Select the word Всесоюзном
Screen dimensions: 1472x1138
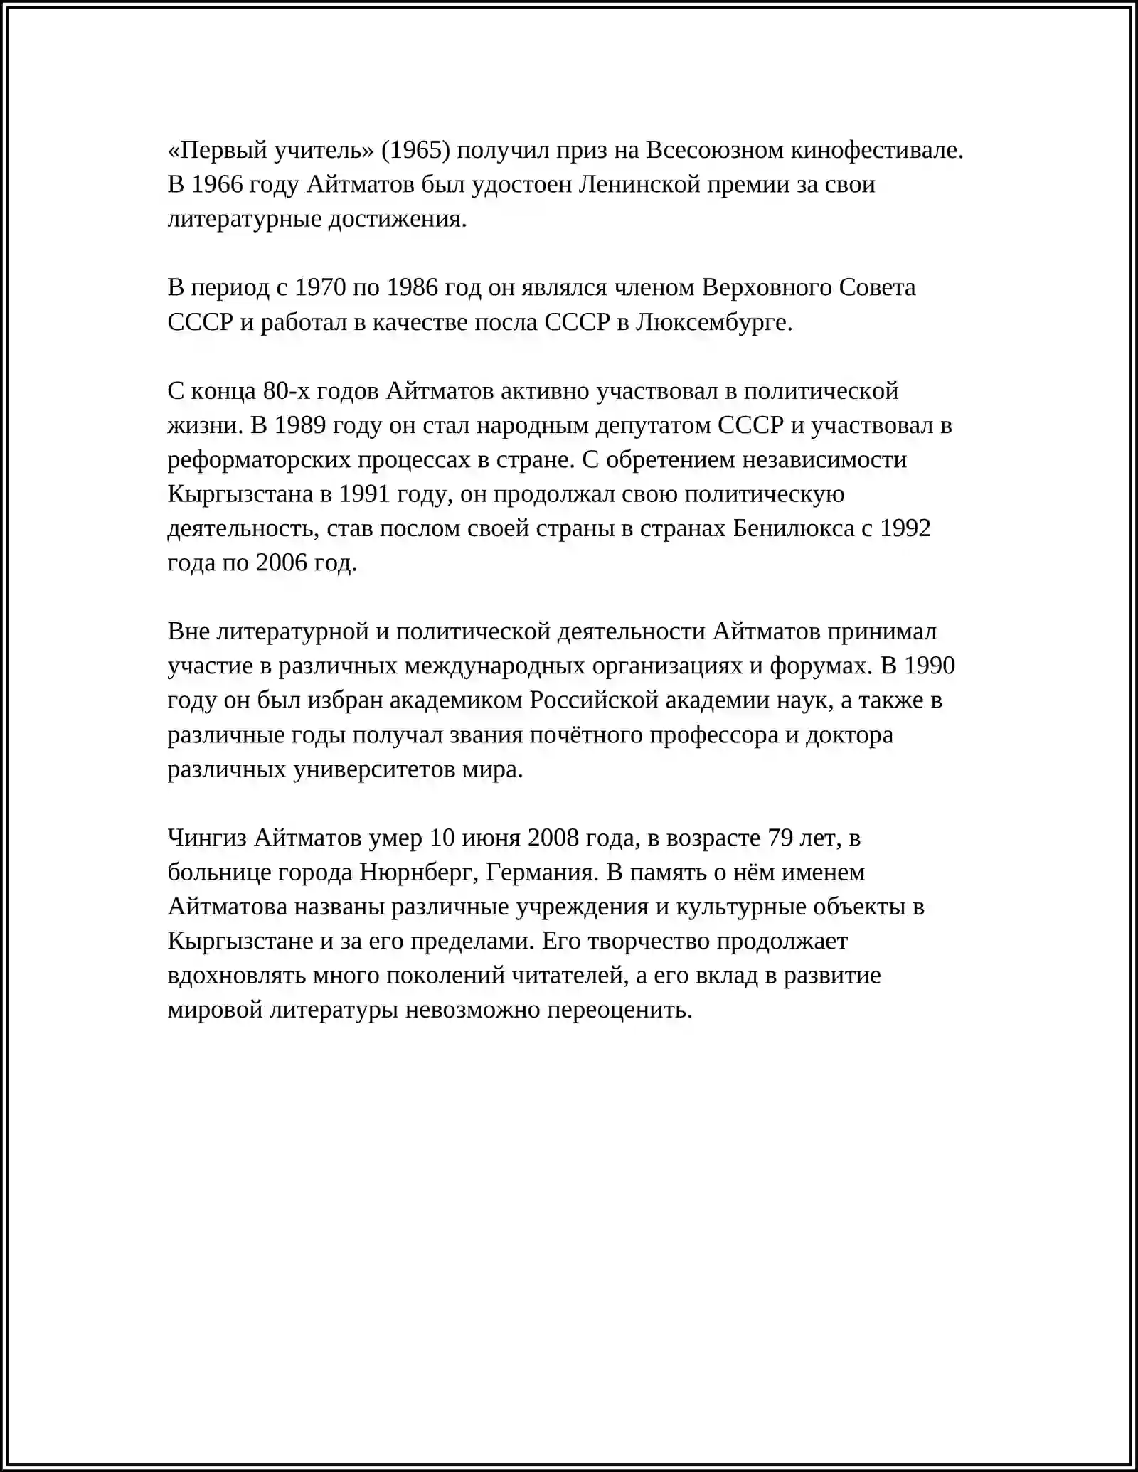712,150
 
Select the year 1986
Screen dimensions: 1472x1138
413,287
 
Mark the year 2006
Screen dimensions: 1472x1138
282,562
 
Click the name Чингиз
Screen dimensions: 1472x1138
207,838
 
